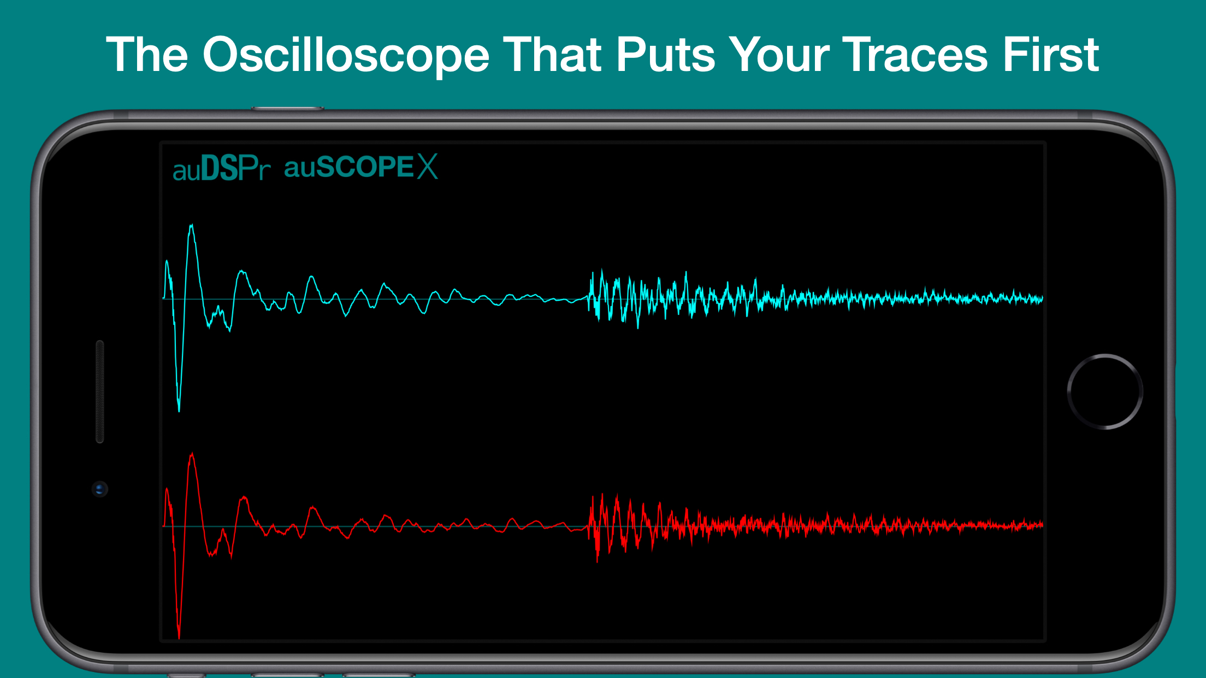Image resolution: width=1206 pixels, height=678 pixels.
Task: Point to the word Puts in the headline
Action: (x=666, y=55)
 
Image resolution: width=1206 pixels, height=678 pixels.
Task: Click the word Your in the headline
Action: (x=779, y=55)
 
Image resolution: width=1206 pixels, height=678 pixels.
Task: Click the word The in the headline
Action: (x=147, y=54)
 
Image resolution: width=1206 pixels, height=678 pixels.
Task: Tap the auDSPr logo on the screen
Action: (x=221, y=168)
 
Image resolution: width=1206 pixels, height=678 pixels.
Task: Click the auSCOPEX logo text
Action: (x=361, y=166)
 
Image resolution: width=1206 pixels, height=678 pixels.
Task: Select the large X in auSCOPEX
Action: (x=428, y=166)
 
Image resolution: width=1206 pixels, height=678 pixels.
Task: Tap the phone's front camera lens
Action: (x=99, y=489)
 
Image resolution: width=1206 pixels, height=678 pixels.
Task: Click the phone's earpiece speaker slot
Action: (x=100, y=391)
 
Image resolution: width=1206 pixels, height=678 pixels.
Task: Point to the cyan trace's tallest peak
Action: (x=191, y=225)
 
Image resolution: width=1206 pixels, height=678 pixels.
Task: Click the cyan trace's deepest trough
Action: (x=179, y=411)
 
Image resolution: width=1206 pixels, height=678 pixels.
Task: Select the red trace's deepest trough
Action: (x=179, y=638)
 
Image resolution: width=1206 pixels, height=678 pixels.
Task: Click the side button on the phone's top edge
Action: (x=287, y=109)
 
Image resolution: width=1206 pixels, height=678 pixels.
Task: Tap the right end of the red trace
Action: (x=1042, y=525)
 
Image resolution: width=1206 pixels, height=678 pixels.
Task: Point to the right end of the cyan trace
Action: (x=1042, y=299)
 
